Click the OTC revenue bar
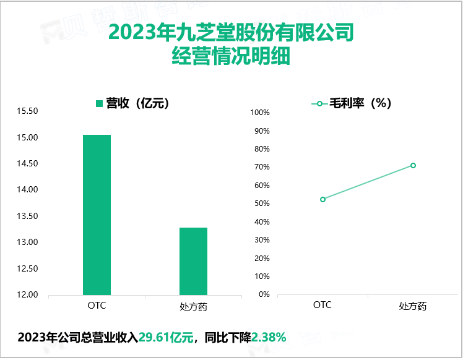97,215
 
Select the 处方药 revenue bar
193,261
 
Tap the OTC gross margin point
322,199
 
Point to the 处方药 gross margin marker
413,165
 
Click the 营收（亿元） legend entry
132,103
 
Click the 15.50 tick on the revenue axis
28,111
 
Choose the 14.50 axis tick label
28,164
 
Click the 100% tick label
259,113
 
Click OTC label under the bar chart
97,306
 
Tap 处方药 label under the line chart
413,306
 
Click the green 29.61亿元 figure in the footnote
166,338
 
